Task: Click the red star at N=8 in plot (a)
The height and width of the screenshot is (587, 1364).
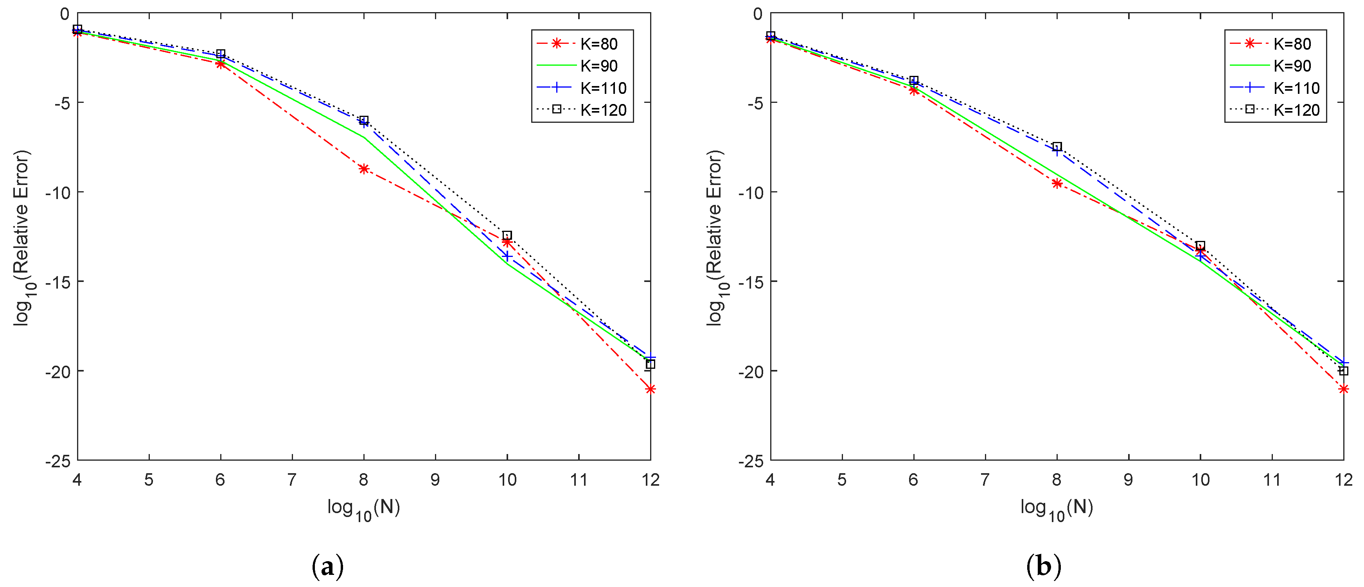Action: point(364,169)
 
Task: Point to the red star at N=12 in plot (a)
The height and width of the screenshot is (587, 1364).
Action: point(650,389)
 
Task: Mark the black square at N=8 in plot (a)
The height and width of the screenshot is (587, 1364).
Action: point(364,120)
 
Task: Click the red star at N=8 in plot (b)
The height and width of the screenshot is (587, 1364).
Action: point(1057,184)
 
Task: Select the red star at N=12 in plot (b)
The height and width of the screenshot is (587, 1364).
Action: point(1343,389)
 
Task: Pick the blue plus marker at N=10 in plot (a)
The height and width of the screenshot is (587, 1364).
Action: point(507,256)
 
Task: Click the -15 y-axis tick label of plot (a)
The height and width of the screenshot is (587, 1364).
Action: point(58,282)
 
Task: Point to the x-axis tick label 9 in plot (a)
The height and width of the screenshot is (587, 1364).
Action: point(435,480)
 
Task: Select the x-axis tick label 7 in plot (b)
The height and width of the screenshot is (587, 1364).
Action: point(985,480)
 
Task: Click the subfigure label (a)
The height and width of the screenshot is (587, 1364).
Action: point(328,567)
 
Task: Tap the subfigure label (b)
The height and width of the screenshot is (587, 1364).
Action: point(1044,567)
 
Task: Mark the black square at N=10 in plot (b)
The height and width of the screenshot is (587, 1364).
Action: point(1200,246)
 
